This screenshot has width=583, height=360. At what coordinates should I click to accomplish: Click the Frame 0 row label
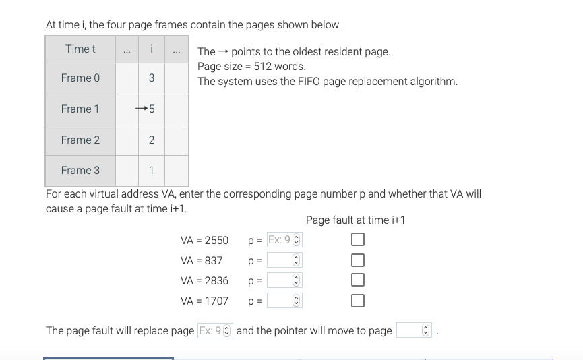click(80, 78)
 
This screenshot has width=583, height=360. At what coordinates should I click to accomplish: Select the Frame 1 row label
click(80, 109)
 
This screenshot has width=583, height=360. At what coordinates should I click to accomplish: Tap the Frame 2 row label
click(80, 140)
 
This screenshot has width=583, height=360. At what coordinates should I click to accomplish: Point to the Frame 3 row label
click(80, 170)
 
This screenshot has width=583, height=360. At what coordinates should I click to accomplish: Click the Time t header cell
click(80, 49)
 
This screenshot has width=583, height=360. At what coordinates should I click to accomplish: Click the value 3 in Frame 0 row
click(151, 78)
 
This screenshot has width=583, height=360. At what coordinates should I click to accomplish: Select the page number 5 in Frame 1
click(152, 109)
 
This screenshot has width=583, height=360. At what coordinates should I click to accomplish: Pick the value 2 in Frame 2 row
click(151, 140)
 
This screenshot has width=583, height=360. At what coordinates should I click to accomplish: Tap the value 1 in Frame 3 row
click(151, 170)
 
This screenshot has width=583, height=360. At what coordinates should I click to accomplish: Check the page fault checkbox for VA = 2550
click(358, 240)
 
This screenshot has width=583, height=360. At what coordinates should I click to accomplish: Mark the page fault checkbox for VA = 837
click(358, 260)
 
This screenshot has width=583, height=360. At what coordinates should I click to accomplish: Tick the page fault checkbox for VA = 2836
click(358, 280)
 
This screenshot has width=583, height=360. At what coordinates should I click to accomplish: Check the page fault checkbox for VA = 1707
click(358, 301)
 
